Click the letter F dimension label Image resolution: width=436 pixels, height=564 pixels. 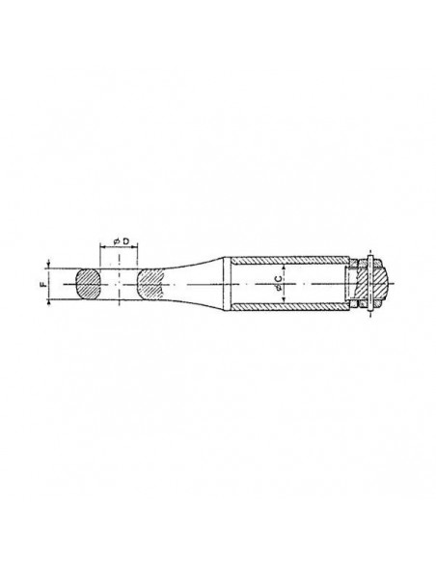(42, 285)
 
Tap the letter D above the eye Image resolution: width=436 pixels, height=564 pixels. (126, 241)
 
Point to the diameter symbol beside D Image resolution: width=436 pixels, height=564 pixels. (117, 241)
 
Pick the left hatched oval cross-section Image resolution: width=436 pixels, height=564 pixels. (88, 284)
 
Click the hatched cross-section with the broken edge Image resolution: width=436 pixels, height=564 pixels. (150, 284)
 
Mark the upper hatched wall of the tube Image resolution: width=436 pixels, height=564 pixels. (289, 260)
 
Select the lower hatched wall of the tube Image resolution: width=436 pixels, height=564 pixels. (289, 307)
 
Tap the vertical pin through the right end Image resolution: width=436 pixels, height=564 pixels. (370, 283)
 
